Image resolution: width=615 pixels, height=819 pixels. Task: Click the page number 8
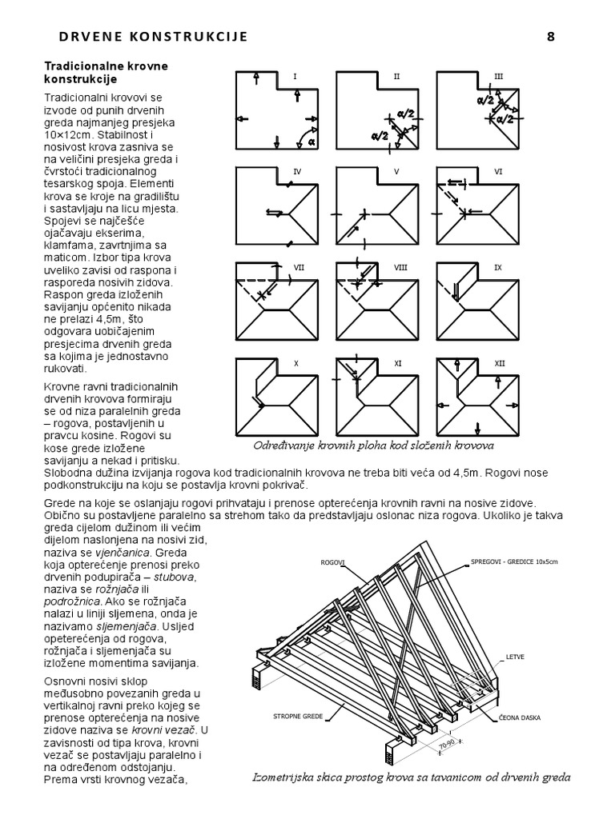point(550,37)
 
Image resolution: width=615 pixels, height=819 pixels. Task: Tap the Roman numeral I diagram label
point(295,77)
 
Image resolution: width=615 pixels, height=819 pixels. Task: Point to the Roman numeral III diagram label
point(498,77)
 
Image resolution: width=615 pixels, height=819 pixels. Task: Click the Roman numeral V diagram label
point(396,172)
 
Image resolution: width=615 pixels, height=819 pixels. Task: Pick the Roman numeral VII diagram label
point(299,268)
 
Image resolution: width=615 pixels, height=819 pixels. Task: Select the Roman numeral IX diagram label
point(498,268)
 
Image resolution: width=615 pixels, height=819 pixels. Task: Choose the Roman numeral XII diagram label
point(499,363)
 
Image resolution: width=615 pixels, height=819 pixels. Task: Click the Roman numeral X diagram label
point(295,363)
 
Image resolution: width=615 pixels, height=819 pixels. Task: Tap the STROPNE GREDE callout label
point(298,716)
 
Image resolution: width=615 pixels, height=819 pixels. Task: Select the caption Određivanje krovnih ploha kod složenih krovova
point(373,445)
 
